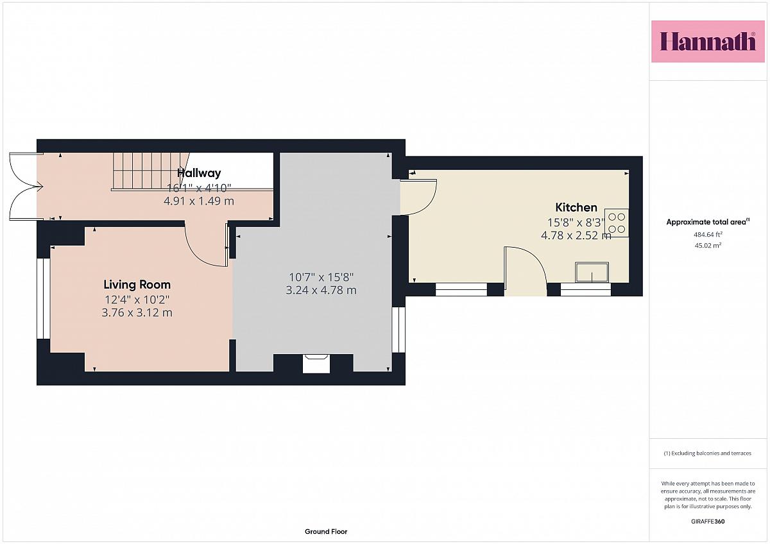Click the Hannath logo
(708, 42)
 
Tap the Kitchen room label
(576, 207)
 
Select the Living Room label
(137, 285)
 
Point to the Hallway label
(199, 173)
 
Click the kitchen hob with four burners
(617, 223)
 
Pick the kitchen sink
(592, 273)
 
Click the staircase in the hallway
(151, 171)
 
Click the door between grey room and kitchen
(418, 197)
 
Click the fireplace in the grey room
(316, 364)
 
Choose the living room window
(44, 299)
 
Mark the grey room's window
(398, 330)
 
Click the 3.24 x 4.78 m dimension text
(321, 291)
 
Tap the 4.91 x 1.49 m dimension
(199, 201)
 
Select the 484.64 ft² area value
(708, 234)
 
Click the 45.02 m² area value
(708, 245)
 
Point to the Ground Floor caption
(326, 532)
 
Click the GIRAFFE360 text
(708, 522)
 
